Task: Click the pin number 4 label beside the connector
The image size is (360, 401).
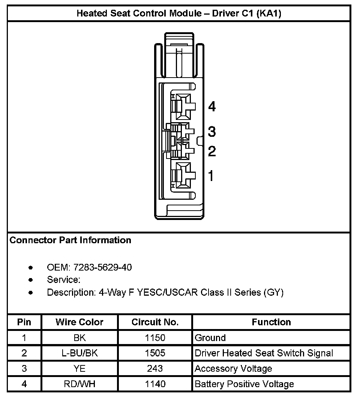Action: [x=212, y=107]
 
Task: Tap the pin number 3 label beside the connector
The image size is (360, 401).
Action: [x=212, y=132]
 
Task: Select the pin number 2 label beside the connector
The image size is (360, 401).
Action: [x=212, y=151]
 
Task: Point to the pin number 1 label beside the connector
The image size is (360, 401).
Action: [x=211, y=175]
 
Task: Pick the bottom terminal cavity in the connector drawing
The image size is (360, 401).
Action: [x=183, y=175]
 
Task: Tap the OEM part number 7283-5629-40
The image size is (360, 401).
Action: [x=103, y=268]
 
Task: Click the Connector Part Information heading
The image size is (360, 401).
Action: [x=70, y=240]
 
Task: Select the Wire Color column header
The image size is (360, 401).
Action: [x=79, y=322]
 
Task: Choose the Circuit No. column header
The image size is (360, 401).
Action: [x=155, y=322]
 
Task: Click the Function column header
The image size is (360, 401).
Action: [x=271, y=322]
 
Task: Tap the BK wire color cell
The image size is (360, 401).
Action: [x=79, y=338]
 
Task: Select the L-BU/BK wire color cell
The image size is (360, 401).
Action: [x=79, y=353]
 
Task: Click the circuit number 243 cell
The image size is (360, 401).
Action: [x=155, y=369]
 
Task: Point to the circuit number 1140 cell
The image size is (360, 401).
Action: [x=155, y=384]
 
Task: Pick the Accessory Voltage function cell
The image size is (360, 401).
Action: [x=233, y=369]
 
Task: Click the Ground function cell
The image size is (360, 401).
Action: [x=210, y=338]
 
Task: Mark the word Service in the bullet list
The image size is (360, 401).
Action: [x=63, y=280]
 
